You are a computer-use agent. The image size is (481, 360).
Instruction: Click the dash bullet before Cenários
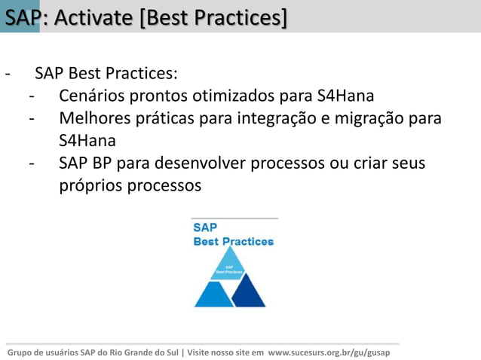32,97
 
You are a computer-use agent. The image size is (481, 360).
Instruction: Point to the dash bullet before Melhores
32,119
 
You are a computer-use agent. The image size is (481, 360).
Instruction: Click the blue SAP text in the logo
206,227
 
